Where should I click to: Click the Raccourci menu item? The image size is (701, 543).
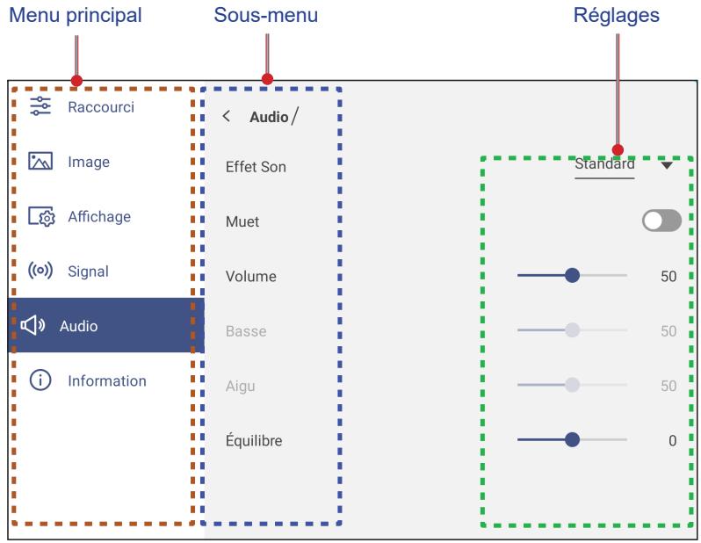pyautogui.click(x=101, y=107)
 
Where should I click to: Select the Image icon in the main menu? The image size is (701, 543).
pyautogui.click(x=40, y=161)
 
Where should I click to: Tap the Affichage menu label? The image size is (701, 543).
pyautogui.click(x=99, y=216)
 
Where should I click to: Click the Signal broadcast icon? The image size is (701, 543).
pyautogui.click(x=40, y=270)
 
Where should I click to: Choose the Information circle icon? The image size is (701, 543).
pyautogui.click(x=40, y=380)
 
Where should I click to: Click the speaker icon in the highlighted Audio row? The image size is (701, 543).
pyautogui.click(x=33, y=325)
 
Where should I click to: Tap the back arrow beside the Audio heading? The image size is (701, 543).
pyautogui.click(x=227, y=116)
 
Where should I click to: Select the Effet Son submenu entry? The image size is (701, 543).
pyautogui.click(x=256, y=167)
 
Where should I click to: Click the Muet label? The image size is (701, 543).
pyautogui.click(x=242, y=221)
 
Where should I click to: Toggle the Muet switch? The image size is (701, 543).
pyautogui.click(x=661, y=221)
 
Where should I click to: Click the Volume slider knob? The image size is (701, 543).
pyautogui.click(x=572, y=275)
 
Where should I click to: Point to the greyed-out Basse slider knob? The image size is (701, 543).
pyautogui.click(x=572, y=330)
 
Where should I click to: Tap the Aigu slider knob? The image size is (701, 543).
pyautogui.click(x=572, y=385)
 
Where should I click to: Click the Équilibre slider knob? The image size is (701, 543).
pyautogui.click(x=572, y=439)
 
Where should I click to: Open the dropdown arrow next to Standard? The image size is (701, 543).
pyautogui.click(x=667, y=165)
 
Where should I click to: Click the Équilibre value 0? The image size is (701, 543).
pyautogui.click(x=672, y=440)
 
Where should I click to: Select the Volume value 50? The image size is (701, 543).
pyautogui.click(x=668, y=276)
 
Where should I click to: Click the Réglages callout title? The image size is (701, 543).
pyautogui.click(x=616, y=16)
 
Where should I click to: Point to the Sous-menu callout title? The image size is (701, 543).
pyautogui.click(x=266, y=15)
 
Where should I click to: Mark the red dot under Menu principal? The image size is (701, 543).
pyautogui.click(x=77, y=81)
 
